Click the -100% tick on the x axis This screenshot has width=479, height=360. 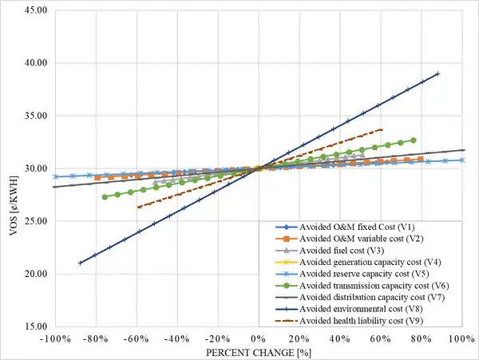(54, 339)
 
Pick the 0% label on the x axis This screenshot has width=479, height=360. (259, 339)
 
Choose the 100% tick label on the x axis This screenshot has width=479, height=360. (462, 339)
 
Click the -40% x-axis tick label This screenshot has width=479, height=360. (176, 339)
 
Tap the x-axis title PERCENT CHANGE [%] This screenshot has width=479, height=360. (258, 352)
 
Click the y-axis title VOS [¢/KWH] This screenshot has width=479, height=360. (10, 168)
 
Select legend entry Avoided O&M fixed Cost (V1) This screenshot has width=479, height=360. (362, 227)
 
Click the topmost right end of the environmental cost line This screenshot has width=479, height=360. (437, 73)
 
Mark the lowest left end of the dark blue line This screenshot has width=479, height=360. (79, 263)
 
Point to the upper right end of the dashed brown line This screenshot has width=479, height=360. (382, 129)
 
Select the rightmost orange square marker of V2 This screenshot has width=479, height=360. (421, 160)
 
